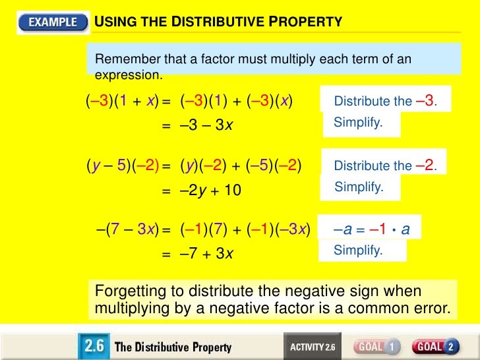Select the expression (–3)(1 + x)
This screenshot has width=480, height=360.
coord(123,102)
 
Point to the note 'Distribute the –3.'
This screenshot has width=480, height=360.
coord(385,101)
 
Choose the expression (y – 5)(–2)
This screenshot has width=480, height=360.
coord(123,166)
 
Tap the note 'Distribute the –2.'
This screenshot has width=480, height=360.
coord(385,165)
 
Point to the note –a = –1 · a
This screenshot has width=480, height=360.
coord(372,229)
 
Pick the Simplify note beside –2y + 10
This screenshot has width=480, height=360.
coord(359,187)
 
